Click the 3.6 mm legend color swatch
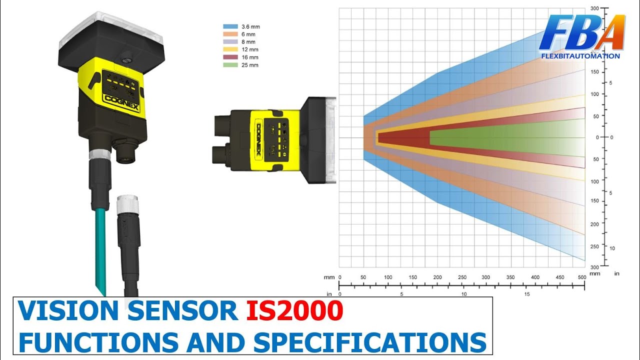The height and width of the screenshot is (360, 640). click(230, 26)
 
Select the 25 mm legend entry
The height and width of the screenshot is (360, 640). click(249, 65)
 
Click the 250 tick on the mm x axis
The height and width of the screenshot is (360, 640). click(462, 277)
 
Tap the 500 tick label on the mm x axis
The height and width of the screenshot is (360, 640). click(582, 277)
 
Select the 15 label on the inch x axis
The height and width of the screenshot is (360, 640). click(527, 294)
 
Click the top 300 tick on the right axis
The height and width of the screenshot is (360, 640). click(594, 8)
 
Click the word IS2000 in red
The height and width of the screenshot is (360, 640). click(294, 311)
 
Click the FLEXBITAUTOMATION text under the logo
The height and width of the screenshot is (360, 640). click(580, 56)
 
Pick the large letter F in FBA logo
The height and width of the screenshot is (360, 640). click(557, 33)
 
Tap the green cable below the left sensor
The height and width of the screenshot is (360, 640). click(100, 250)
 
